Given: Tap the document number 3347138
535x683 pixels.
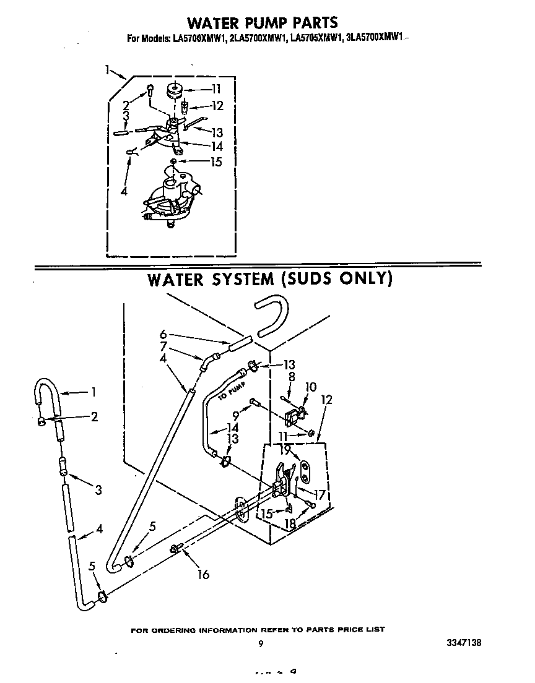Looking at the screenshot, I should (463, 643).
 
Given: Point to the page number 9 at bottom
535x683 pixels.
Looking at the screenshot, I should (261, 643).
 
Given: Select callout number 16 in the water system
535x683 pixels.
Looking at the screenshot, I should (202, 574).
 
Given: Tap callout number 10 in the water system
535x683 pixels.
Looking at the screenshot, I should (310, 387).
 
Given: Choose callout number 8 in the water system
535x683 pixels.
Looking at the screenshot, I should (290, 376).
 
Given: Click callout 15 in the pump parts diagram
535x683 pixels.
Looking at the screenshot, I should (214, 162).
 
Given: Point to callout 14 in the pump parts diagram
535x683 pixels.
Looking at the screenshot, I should (215, 147).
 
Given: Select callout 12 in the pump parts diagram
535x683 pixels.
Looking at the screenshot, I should (217, 105).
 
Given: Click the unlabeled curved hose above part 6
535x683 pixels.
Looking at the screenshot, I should (272, 315).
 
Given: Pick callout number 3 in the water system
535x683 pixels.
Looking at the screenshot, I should (98, 491).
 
